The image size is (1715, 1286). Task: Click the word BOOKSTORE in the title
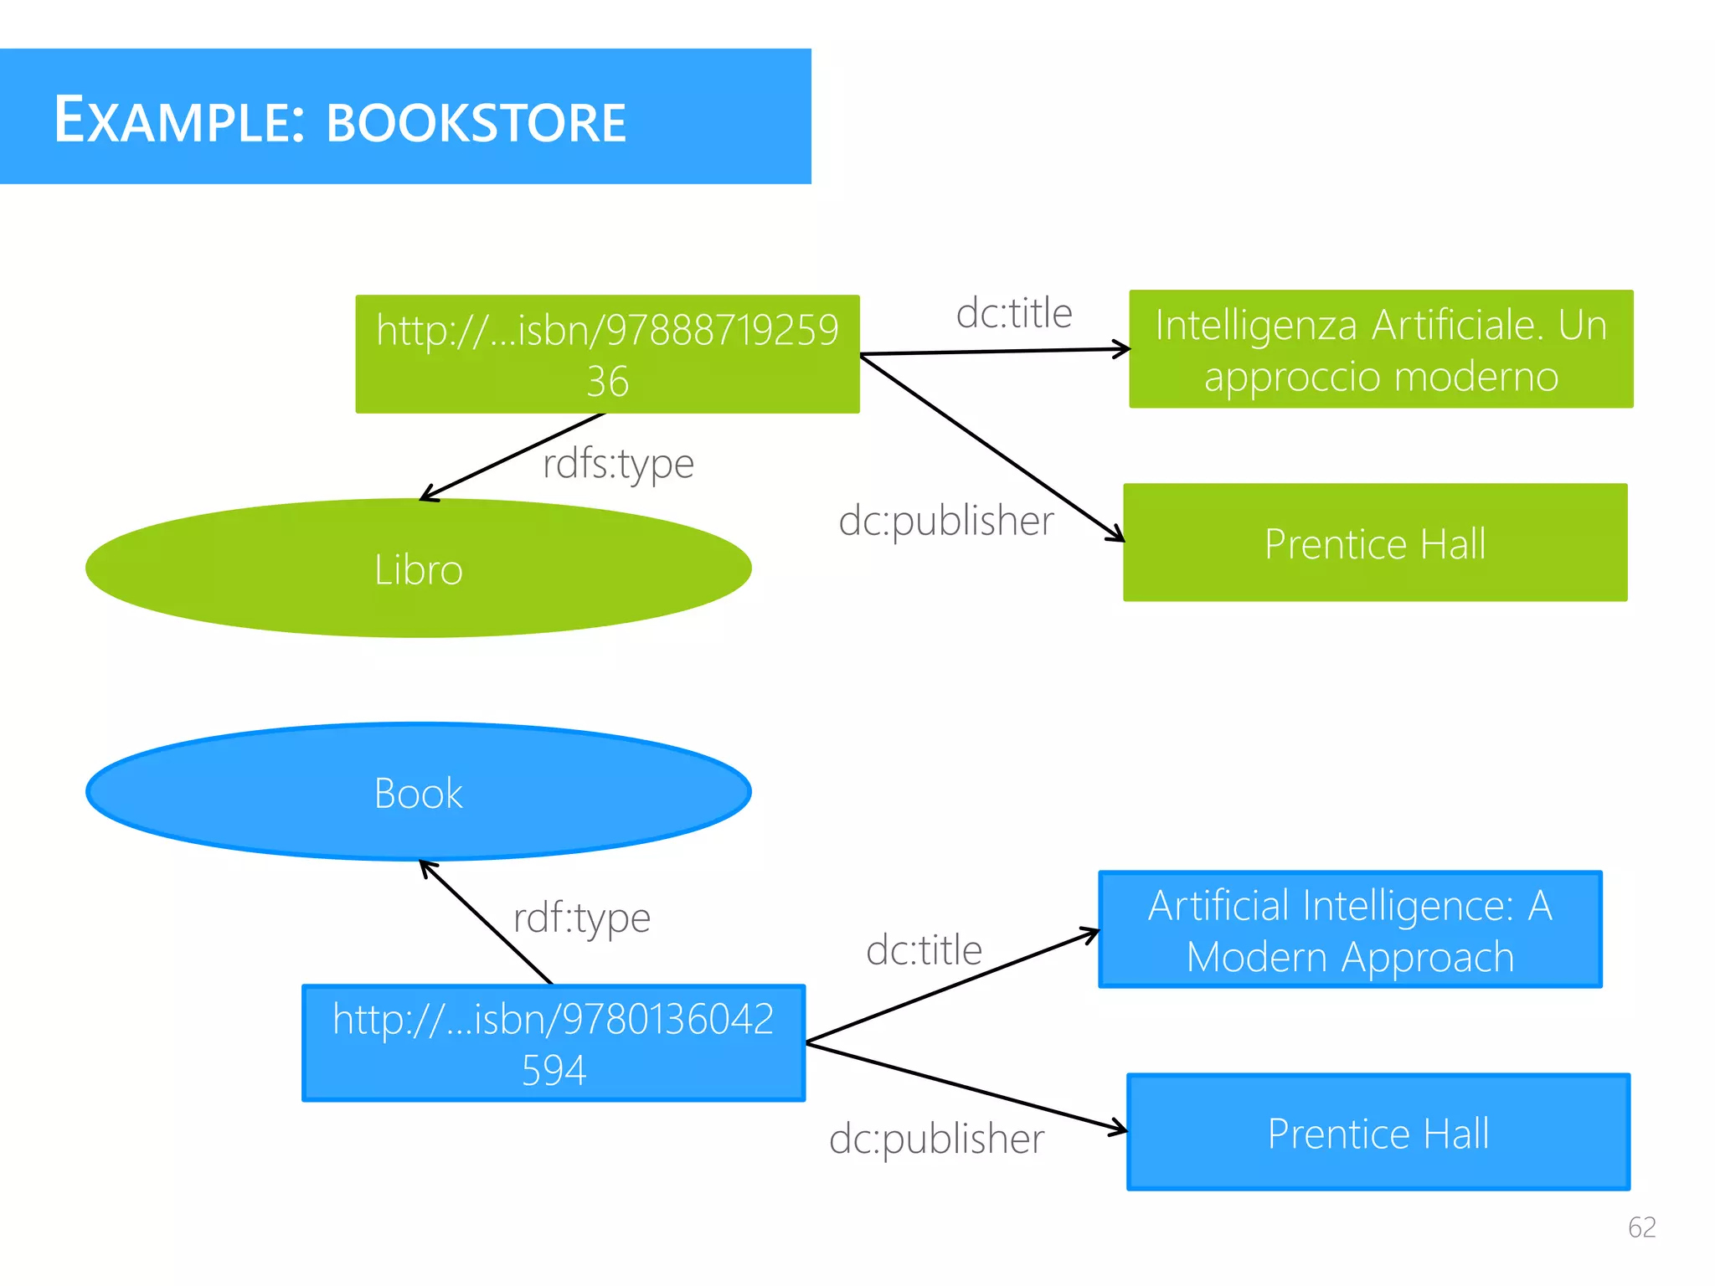[x=476, y=122]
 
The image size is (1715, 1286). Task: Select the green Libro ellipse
[x=418, y=569]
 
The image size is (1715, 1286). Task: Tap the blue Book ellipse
[x=418, y=792]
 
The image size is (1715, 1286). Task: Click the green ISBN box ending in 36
[x=607, y=354]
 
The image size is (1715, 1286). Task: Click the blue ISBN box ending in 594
[x=553, y=1043]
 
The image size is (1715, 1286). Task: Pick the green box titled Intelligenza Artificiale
[x=1380, y=349]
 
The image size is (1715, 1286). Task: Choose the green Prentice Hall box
[x=1374, y=543]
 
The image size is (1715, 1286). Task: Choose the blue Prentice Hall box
[x=1378, y=1132]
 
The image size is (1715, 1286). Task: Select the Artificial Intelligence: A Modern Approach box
[x=1349, y=930]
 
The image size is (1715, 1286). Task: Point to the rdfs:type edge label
[x=618, y=463]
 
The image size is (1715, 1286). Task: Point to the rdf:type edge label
[x=581, y=918]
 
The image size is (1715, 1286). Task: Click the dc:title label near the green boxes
[x=1013, y=313]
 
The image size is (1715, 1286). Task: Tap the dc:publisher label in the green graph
[x=945, y=521]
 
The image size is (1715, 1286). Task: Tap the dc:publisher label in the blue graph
[x=936, y=1139]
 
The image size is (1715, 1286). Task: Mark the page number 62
[x=1641, y=1227]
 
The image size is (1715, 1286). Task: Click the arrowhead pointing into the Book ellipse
[x=426, y=867]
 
